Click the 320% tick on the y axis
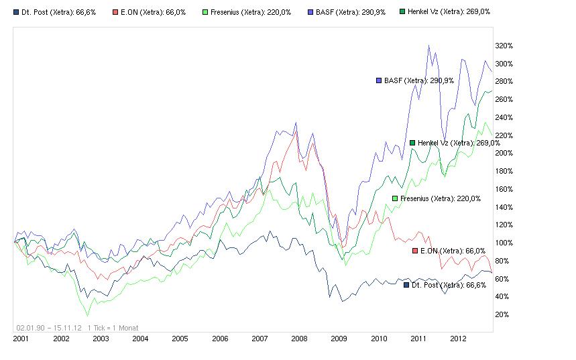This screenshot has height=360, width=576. tap(504, 46)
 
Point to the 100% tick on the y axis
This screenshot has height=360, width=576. tap(504, 243)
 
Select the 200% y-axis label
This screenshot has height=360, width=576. tap(504, 154)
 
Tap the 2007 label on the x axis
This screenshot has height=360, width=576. tap(260, 339)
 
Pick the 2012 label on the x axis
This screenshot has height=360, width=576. tap(457, 339)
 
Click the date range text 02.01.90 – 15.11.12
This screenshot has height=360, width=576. tap(49, 328)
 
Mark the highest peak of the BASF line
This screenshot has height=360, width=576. tap(428, 46)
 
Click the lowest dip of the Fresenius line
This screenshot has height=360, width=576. tap(87, 315)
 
